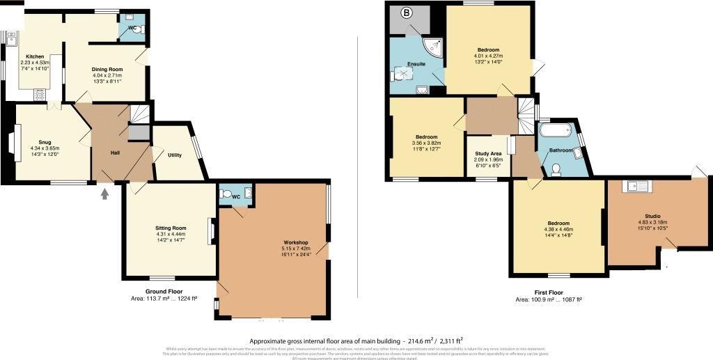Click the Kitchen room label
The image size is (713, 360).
pyautogui.click(x=35, y=56)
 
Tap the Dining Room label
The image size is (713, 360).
pyautogui.click(x=107, y=69)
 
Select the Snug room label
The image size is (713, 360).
pyautogui.click(x=45, y=141)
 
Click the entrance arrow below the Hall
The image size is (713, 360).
pyautogui.click(x=105, y=194)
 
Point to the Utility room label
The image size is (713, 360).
pyautogui.click(x=174, y=155)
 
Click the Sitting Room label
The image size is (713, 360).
pyautogui.click(x=170, y=228)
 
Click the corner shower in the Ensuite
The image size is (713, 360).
pyautogui.click(x=436, y=46)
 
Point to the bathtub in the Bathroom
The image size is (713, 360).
pyautogui.click(x=556, y=131)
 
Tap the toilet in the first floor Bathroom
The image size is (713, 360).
pyautogui.click(x=556, y=169)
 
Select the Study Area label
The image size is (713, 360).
pyautogui.click(x=488, y=153)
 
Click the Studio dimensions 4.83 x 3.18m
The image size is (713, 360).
pyautogui.click(x=652, y=224)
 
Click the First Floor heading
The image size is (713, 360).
pyautogui.click(x=548, y=292)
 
